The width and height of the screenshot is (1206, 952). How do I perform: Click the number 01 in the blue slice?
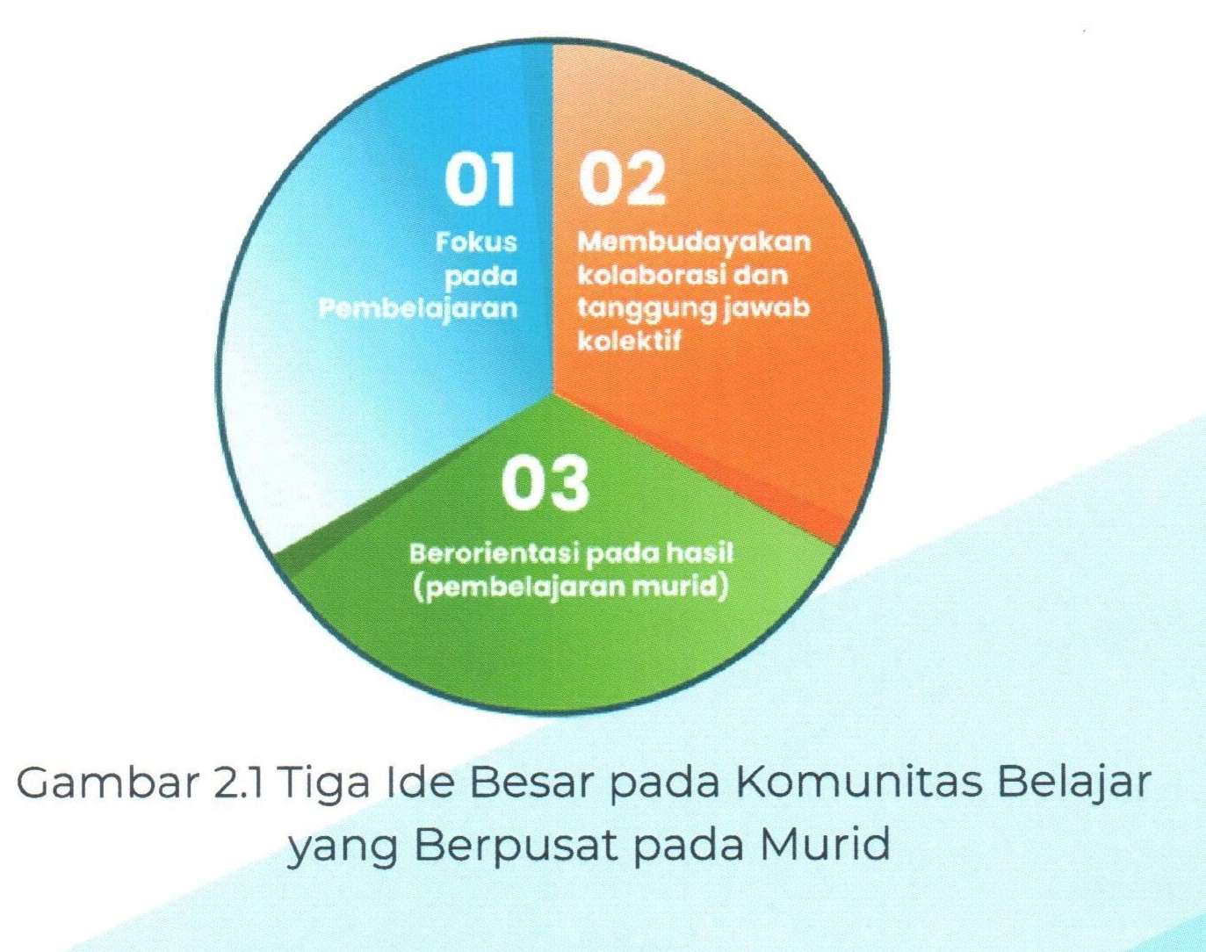[x=479, y=179]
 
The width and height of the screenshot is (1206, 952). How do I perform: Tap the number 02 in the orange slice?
[x=622, y=179]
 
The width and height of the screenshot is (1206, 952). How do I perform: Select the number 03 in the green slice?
[x=545, y=483]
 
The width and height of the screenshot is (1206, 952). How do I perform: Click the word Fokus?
[x=476, y=242]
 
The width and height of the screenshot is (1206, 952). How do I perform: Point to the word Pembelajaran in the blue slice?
[x=417, y=308]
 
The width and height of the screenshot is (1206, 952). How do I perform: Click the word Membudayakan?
[x=694, y=242]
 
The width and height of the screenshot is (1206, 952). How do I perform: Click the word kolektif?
[x=629, y=341]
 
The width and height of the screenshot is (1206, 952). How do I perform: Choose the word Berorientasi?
[x=494, y=554]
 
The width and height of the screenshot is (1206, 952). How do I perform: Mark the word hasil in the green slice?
[x=698, y=553]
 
